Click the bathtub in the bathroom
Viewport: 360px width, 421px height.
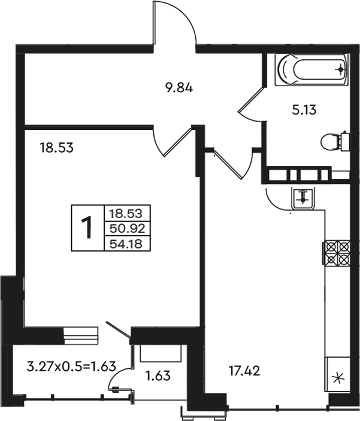point(311,69)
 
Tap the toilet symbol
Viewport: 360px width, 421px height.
point(335,141)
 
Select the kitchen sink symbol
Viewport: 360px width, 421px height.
point(302,198)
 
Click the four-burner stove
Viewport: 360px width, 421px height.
point(337,253)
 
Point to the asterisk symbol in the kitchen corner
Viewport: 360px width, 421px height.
point(338,378)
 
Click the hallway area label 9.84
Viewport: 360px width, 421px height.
point(179,88)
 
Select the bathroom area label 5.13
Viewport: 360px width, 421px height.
point(304,110)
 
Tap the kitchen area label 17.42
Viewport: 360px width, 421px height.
point(244,371)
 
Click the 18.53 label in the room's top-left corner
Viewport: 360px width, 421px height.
point(56,148)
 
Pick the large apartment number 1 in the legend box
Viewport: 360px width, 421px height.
point(87,228)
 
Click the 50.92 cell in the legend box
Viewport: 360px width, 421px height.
point(128,229)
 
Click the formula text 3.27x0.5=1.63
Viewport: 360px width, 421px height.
point(71,367)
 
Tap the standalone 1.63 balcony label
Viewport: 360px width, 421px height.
point(158,375)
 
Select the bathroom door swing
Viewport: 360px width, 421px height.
point(250,104)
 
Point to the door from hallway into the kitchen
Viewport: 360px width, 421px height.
point(234,163)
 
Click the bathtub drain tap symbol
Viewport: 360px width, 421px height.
point(341,70)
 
